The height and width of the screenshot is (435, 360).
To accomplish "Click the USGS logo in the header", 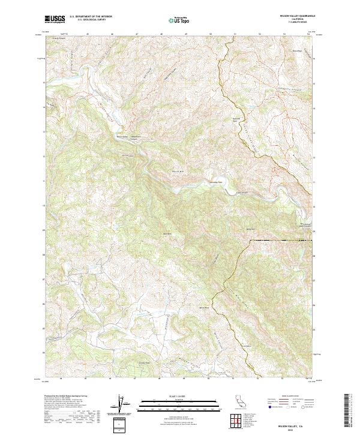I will (x=55, y=19).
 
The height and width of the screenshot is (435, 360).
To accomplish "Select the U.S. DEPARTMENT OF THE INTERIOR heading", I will (x=91, y=17).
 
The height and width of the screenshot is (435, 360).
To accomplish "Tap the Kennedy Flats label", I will (x=215, y=182).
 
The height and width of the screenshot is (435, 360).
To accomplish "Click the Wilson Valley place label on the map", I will (x=122, y=136).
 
